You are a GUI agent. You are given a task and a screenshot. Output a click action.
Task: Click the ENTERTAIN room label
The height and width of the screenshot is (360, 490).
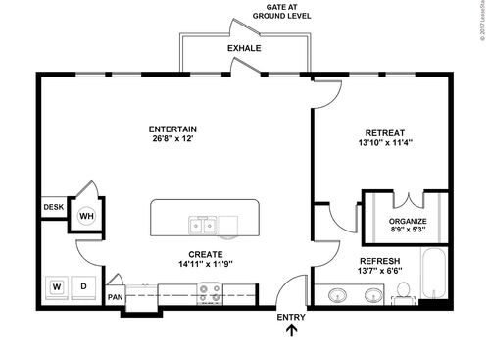[x=172, y=129]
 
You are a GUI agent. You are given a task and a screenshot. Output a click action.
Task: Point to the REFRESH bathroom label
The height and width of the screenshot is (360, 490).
[x=386, y=260]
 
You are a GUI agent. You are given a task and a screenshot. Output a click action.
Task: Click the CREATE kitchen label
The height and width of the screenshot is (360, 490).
[x=200, y=254]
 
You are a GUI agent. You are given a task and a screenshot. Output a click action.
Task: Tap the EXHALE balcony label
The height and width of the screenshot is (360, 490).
[x=244, y=48]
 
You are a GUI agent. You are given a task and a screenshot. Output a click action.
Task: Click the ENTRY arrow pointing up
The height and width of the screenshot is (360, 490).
[x=291, y=334]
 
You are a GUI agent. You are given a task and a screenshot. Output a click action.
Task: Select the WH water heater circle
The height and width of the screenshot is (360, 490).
[x=86, y=216]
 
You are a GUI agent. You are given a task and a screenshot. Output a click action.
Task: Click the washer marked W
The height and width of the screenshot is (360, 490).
[x=57, y=287]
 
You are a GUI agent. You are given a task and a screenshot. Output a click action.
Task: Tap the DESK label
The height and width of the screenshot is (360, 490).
[x=53, y=208]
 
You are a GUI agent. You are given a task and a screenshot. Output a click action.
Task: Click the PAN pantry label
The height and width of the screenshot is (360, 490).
[x=116, y=297]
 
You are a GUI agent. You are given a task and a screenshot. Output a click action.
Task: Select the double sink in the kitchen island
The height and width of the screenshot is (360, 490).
[x=204, y=227]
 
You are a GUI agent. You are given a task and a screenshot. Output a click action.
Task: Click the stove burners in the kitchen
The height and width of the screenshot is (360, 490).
[x=209, y=291]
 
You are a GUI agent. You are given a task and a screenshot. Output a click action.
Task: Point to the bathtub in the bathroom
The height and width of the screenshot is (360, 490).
[x=431, y=277]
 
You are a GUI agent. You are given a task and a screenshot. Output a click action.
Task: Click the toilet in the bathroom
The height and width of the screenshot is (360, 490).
[x=402, y=291]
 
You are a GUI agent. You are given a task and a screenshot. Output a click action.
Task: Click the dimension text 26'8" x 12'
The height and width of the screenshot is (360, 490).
[x=172, y=140]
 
